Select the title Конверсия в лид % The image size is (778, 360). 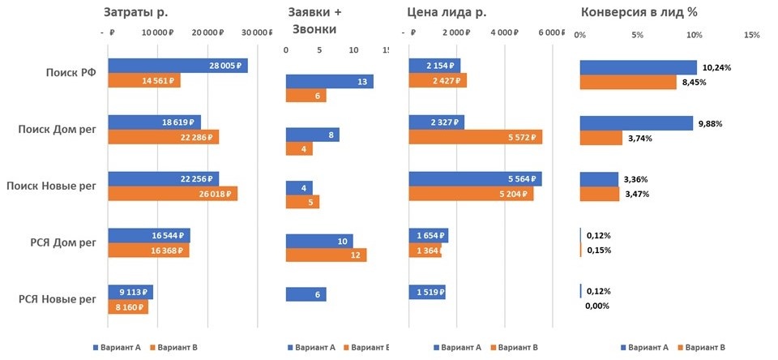[639, 12]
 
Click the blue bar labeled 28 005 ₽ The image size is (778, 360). [177, 66]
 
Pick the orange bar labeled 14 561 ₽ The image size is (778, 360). [143, 81]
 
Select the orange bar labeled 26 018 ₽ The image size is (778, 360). [173, 194]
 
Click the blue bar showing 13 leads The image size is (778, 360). [329, 81]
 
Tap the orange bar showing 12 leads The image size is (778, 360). [326, 255]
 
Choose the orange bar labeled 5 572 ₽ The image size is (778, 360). [476, 137]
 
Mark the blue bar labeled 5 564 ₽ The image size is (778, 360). [476, 179]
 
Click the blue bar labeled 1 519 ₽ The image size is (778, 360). [427, 292]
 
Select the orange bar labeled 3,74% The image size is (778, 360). [601, 138]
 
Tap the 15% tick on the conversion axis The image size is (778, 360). [751, 35]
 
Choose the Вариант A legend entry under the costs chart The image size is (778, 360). [119, 347]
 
